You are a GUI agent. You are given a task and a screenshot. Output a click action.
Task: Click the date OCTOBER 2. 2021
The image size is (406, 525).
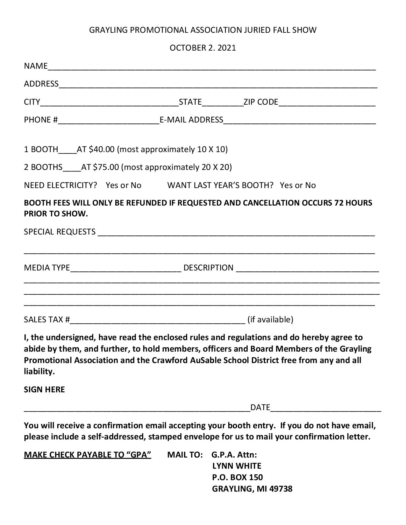[x=203, y=48]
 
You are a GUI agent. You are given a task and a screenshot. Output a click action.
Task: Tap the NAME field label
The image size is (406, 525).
[x=36, y=66]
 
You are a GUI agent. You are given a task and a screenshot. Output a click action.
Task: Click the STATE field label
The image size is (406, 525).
[x=190, y=102]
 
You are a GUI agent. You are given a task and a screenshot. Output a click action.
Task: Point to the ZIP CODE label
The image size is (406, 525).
[x=261, y=102]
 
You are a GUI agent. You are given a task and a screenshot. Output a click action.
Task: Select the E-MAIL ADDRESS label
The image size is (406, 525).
[x=191, y=120]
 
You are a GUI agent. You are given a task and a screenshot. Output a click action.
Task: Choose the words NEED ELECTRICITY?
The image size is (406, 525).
[x=61, y=185]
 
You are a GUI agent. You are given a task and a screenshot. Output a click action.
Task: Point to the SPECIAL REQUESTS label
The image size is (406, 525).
[x=60, y=232]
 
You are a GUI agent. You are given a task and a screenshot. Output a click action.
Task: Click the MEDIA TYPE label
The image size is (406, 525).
[x=47, y=268]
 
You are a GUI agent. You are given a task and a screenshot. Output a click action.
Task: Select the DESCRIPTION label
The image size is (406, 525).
[x=209, y=268]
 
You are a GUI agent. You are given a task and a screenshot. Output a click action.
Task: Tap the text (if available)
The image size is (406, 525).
[x=270, y=319]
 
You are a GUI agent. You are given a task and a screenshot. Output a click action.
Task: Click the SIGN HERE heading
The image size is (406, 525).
[x=44, y=389]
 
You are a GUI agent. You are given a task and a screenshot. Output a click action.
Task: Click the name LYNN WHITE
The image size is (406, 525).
[x=237, y=466]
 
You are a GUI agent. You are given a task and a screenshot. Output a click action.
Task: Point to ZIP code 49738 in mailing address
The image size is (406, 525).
[x=281, y=489]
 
